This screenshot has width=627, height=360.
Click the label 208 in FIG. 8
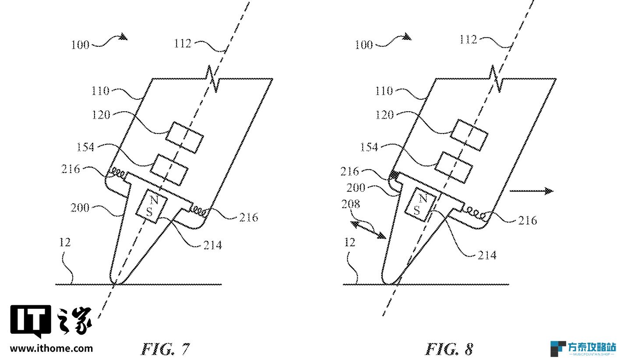point(350,204)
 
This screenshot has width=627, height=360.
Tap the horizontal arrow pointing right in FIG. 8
point(532,191)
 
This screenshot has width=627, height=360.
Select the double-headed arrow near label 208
point(368,230)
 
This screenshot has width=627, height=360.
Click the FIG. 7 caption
point(166,349)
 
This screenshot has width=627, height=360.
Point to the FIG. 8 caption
point(449,349)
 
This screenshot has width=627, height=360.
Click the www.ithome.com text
point(52,349)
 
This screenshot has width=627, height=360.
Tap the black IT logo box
point(31,321)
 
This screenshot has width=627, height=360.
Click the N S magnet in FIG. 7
point(151,206)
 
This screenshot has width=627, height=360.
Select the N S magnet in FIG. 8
point(421,205)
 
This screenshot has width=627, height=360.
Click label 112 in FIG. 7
point(183,43)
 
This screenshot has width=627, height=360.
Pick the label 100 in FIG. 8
point(363,45)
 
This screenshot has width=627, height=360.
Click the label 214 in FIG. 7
point(212,245)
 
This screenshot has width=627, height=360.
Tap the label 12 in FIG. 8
point(349,242)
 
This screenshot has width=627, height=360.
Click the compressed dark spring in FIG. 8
point(394,175)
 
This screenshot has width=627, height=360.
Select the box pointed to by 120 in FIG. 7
point(185,138)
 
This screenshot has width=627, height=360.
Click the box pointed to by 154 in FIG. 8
point(454,168)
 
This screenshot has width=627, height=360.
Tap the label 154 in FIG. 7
point(85,147)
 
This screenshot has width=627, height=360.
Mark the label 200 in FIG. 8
point(356,187)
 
